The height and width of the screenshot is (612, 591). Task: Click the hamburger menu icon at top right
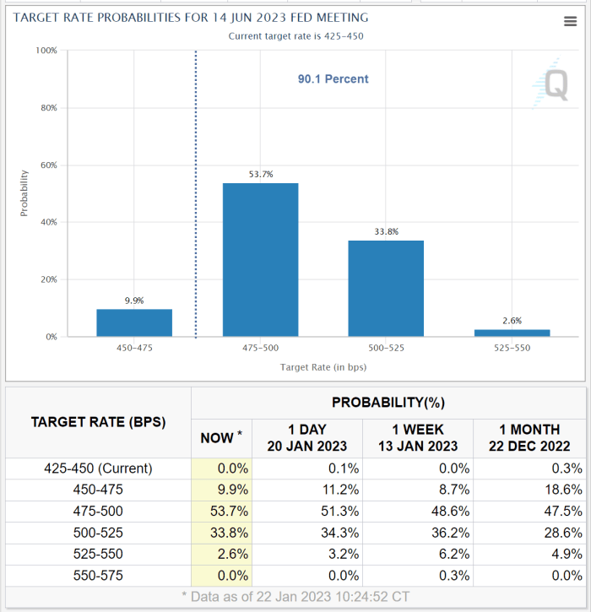tap(570, 22)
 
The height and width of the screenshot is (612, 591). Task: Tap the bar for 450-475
tap(134, 322)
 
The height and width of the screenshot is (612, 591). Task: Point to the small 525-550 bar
tap(512, 333)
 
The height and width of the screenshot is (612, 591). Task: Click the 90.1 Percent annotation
tap(333, 79)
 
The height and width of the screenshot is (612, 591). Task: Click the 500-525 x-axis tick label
tap(386, 348)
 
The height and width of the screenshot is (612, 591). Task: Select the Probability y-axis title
tap(24, 193)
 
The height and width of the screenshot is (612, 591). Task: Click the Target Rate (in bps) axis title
tap(323, 367)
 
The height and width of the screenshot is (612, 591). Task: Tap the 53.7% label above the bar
tap(260, 175)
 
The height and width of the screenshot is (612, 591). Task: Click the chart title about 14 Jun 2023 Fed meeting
tap(191, 18)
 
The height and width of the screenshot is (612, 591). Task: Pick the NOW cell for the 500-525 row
tap(221, 533)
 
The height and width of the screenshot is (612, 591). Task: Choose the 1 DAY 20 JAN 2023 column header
tap(307, 437)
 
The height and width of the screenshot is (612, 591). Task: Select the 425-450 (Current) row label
tap(98, 468)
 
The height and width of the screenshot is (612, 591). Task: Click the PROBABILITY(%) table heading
tap(388, 402)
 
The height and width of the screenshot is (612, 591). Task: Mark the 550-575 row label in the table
tap(98, 576)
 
